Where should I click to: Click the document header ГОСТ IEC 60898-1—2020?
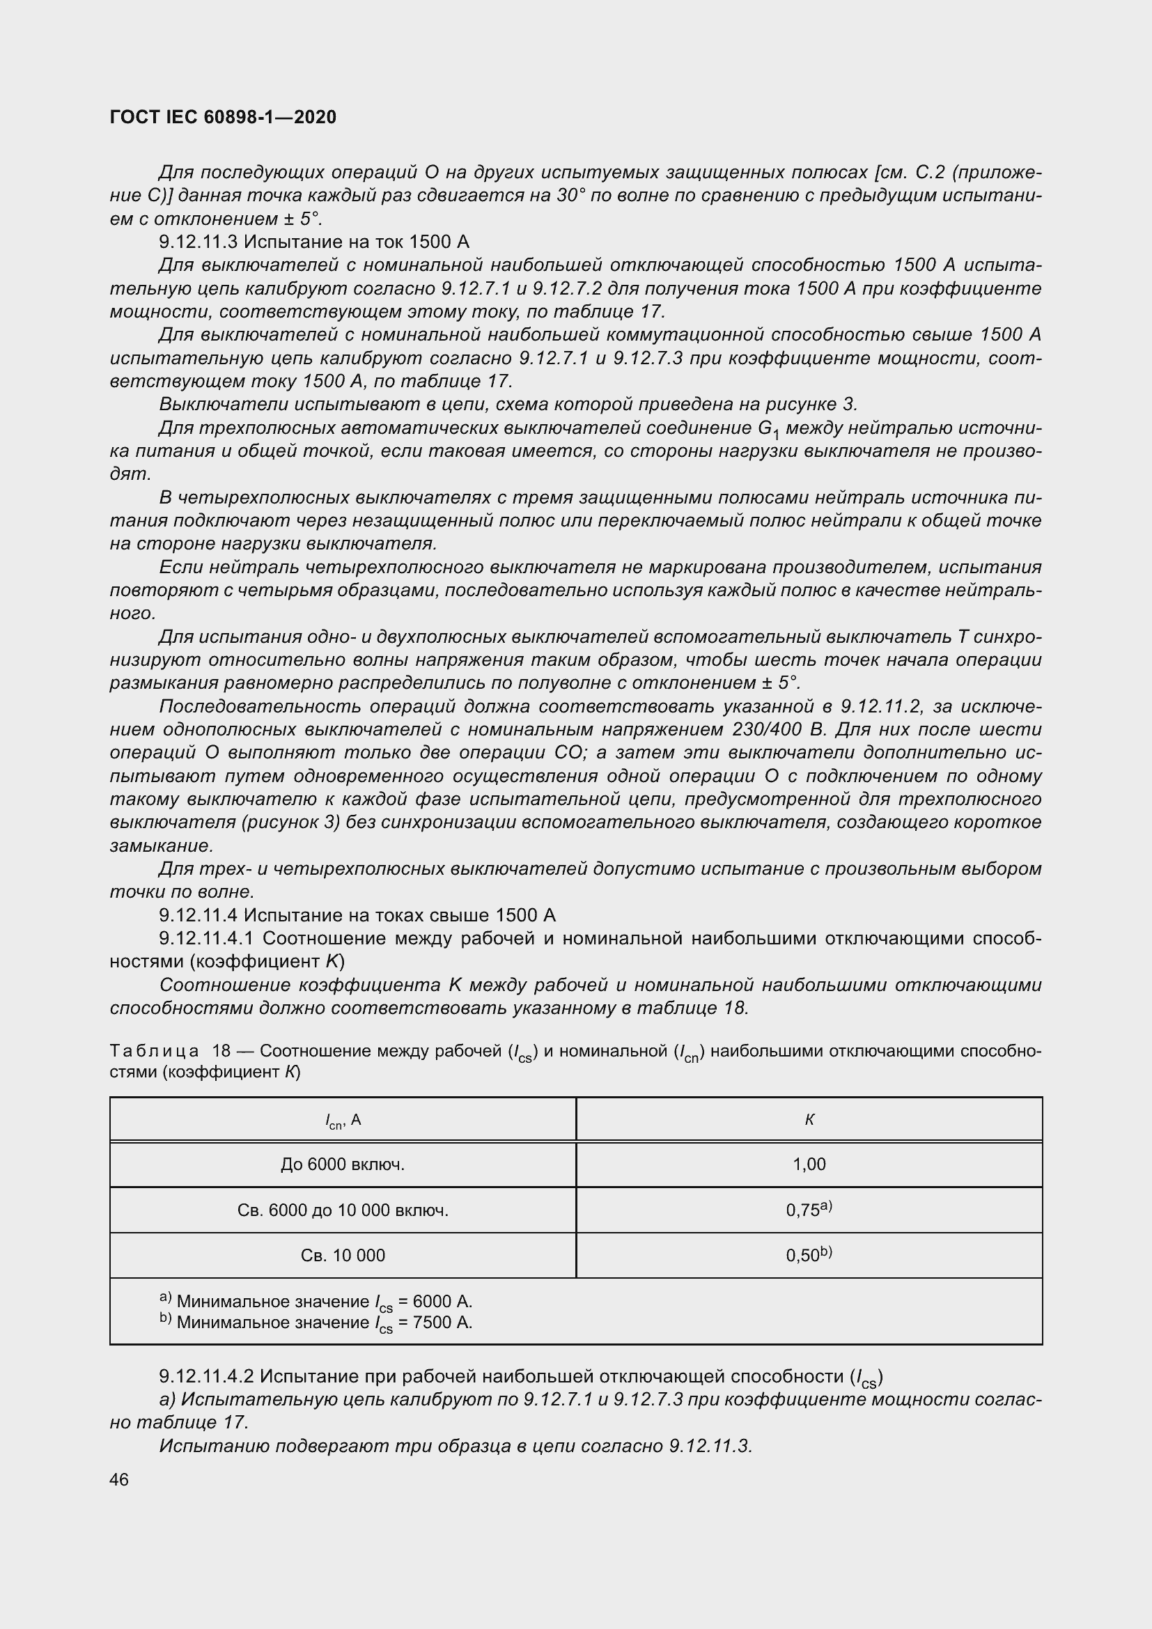click(x=223, y=117)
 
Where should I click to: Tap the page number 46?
click(x=119, y=1479)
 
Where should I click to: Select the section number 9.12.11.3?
click(x=199, y=242)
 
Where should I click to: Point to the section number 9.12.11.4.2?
click(x=205, y=1376)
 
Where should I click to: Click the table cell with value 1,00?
click(x=809, y=1164)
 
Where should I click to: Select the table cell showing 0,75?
click(x=809, y=1210)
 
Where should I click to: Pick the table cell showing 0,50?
click(x=809, y=1255)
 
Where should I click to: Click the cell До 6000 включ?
click(x=343, y=1164)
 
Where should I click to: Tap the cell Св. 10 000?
click(x=343, y=1255)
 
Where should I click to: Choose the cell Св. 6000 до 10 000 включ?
click(x=343, y=1210)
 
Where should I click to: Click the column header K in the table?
click(x=809, y=1120)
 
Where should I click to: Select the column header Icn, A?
click(x=343, y=1121)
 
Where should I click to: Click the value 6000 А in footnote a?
click(x=443, y=1301)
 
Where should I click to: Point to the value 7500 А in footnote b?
click(x=443, y=1322)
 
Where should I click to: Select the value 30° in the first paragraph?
click(x=569, y=195)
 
